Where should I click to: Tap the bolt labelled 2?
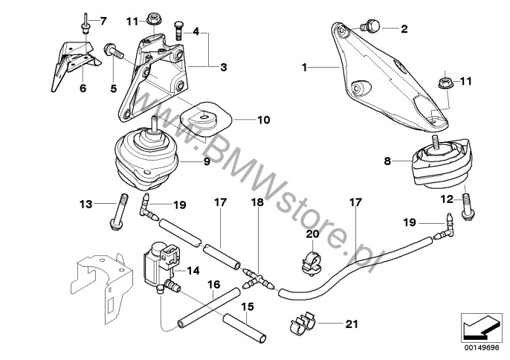pyautogui.click(x=375, y=28)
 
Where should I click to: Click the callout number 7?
pyautogui.click(x=103, y=19)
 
